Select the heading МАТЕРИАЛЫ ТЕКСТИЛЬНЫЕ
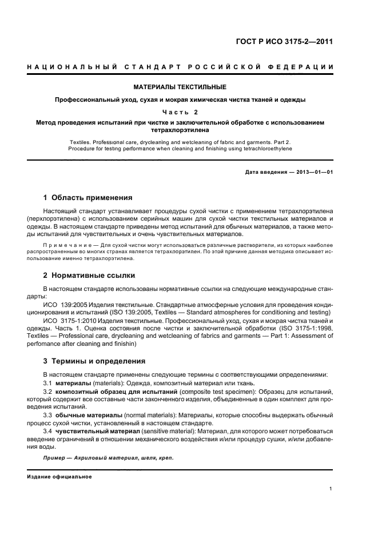(x=180, y=87)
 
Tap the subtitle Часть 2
(x=180, y=112)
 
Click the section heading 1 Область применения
(x=87, y=198)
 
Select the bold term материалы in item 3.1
(x=72, y=382)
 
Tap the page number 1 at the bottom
(x=332, y=488)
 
